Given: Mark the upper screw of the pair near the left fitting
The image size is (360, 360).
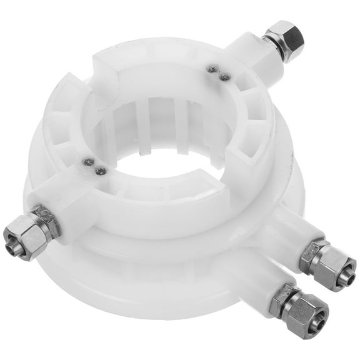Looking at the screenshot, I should coord(89,162).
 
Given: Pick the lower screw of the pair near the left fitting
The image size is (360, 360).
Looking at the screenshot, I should coord(100,170).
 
